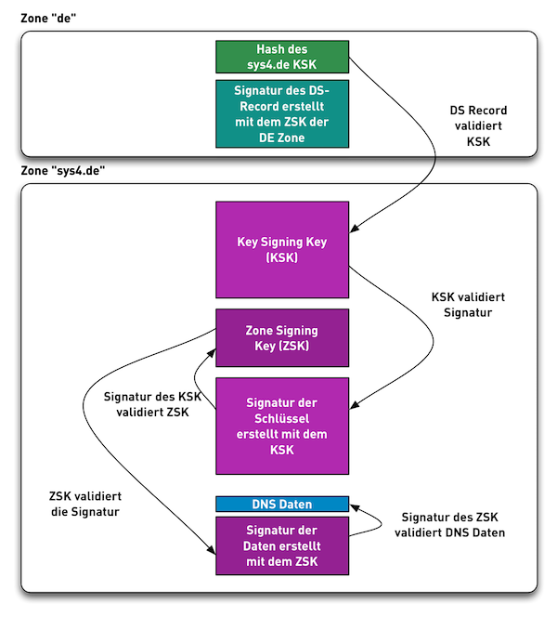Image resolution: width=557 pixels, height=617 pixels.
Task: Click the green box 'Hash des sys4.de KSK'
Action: tap(282, 57)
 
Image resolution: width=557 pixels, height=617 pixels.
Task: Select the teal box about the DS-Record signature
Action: tap(282, 113)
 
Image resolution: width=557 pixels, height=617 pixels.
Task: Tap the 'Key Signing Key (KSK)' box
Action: tap(282, 249)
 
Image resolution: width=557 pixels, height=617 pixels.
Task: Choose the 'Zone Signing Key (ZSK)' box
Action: tap(282, 338)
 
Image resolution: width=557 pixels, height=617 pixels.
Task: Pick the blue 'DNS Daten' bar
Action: tap(282, 504)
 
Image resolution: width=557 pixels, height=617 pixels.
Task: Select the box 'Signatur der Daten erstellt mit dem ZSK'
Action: tap(282, 545)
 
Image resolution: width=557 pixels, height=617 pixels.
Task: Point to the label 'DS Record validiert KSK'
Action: tap(478, 126)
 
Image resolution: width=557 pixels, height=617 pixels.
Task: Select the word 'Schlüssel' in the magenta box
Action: tap(282, 418)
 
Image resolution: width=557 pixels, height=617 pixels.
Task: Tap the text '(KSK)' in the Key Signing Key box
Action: tap(282, 257)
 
